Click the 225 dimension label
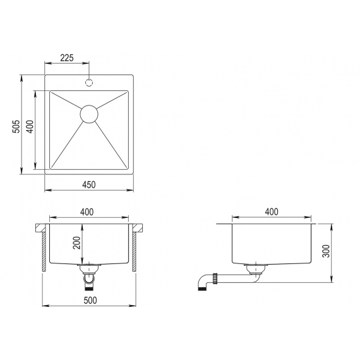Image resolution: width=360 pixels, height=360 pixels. (67, 58)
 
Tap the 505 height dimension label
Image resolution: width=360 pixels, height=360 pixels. (16, 126)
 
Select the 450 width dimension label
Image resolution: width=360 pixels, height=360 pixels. (89, 184)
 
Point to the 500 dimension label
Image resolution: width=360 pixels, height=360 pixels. (90, 300)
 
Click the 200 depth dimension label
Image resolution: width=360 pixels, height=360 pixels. (77, 243)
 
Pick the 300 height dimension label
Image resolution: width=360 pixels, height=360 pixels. (326, 251)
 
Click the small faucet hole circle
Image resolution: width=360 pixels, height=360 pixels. (89, 83)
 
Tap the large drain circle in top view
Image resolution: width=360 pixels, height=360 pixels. (89, 114)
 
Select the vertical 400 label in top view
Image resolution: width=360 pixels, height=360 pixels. (30, 126)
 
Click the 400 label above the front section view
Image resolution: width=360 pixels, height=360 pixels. (87, 212)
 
